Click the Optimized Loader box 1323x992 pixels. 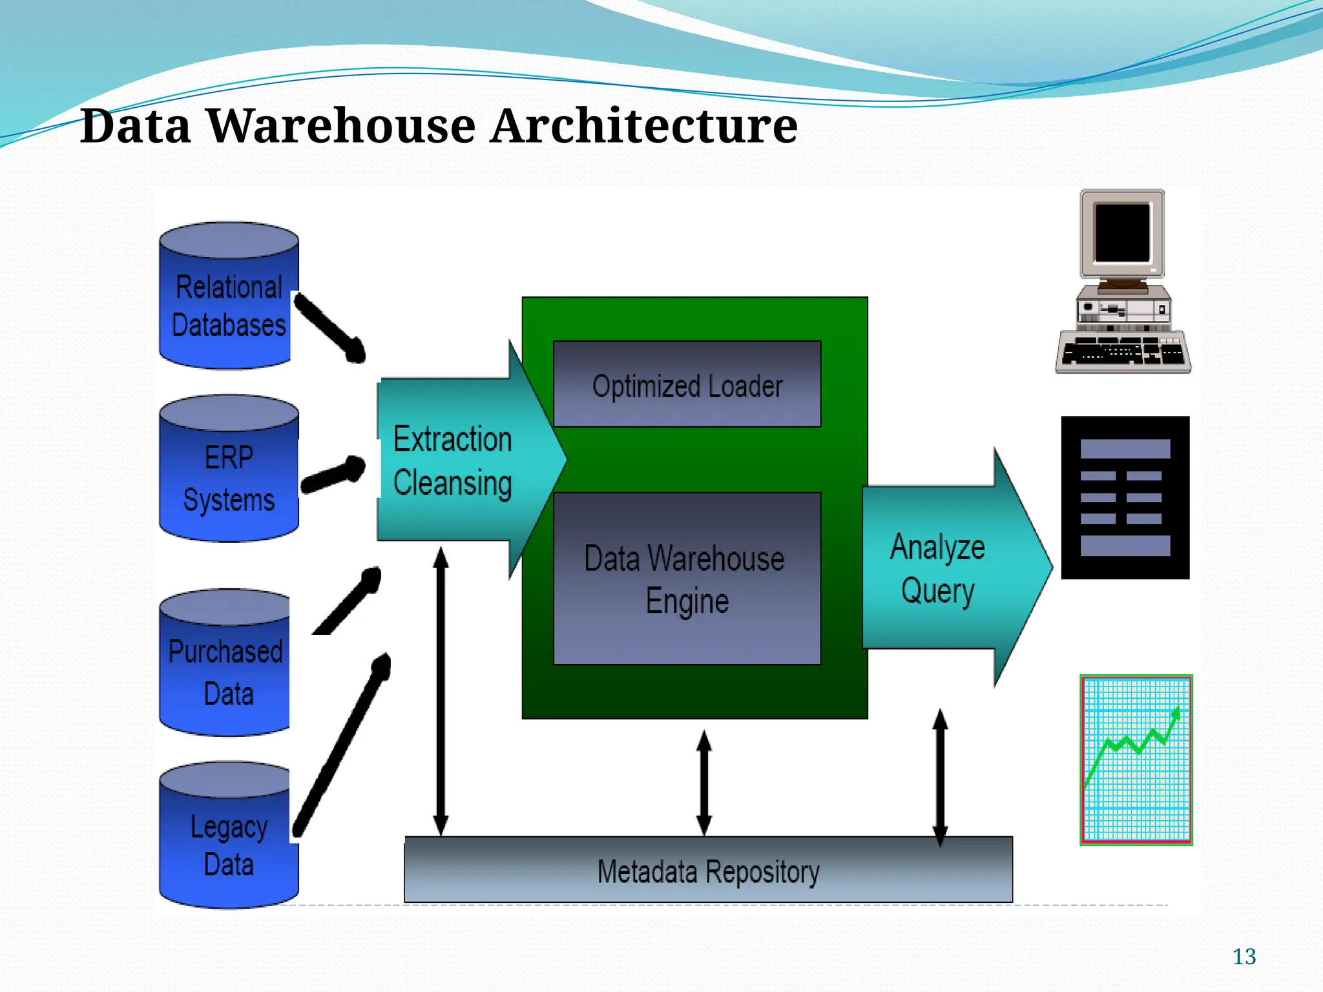[687, 385]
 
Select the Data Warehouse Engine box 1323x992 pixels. [687, 579]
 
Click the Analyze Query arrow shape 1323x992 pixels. [943, 568]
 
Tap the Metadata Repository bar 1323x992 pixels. [708, 871]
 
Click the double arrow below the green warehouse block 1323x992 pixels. [704, 783]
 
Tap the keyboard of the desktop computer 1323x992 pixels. [1123, 353]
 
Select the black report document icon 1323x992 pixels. [1125, 497]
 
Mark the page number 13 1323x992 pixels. [1244, 956]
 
